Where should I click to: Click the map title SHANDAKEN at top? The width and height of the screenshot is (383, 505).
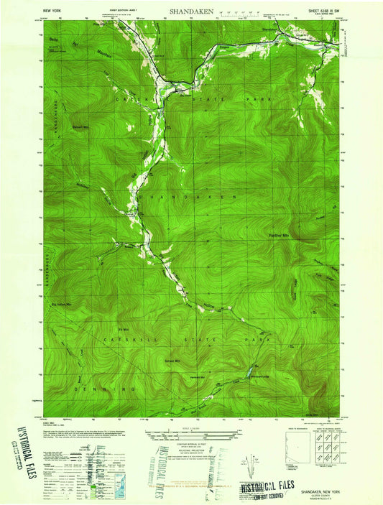coord(191,12)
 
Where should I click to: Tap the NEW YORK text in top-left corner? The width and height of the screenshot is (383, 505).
coord(52,12)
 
